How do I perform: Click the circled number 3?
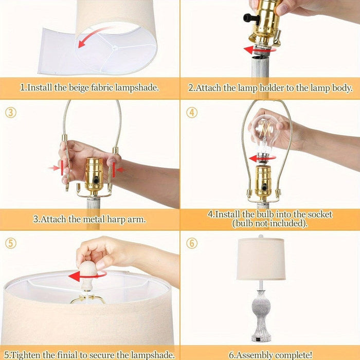(11, 113)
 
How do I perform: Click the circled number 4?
(192, 113)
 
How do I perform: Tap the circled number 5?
(11, 243)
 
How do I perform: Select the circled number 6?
(192, 243)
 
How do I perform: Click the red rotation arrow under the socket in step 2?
(259, 49)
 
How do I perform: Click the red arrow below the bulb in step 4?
(262, 158)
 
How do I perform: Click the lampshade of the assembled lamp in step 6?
(261, 259)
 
